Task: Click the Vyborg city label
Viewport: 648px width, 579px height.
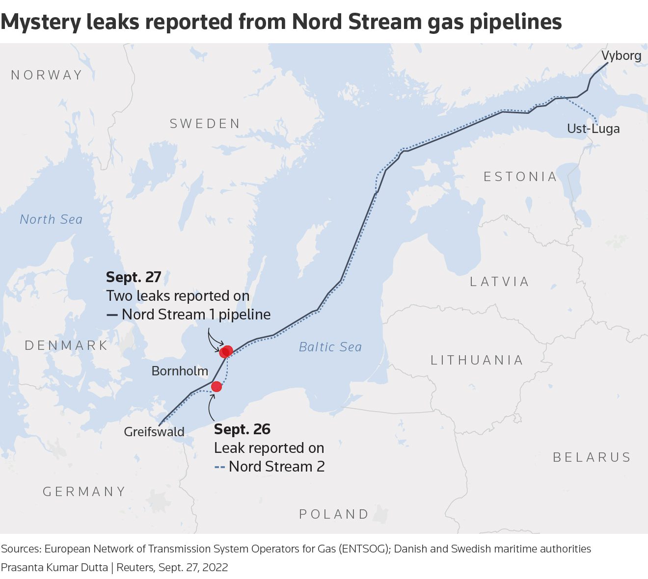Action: (621, 56)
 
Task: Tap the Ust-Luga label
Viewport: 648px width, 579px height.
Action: (593, 129)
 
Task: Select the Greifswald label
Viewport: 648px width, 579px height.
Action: (154, 432)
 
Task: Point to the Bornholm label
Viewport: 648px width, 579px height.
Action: (180, 371)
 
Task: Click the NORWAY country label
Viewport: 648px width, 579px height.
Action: (47, 75)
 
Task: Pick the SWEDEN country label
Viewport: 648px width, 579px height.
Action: (205, 124)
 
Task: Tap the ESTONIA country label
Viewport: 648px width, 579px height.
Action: (520, 177)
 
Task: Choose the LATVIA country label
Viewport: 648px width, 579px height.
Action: (500, 282)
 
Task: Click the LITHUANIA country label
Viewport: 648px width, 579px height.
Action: (477, 360)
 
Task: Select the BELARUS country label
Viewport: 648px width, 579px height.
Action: (592, 457)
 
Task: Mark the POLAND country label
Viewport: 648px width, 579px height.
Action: (334, 514)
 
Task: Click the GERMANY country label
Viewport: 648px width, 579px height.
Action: (84, 492)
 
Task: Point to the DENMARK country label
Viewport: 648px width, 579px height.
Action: (66, 345)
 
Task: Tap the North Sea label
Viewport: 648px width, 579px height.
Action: (51, 219)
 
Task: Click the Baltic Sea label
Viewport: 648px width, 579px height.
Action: (330, 347)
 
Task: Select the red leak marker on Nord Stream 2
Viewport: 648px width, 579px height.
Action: (216, 387)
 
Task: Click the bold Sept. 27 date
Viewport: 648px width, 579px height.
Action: (134, 277)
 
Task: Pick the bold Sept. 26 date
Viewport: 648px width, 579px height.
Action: (242, 429)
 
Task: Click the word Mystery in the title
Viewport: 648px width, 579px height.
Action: (41, 22)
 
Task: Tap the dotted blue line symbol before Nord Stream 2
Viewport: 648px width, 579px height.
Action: (220, 467)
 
